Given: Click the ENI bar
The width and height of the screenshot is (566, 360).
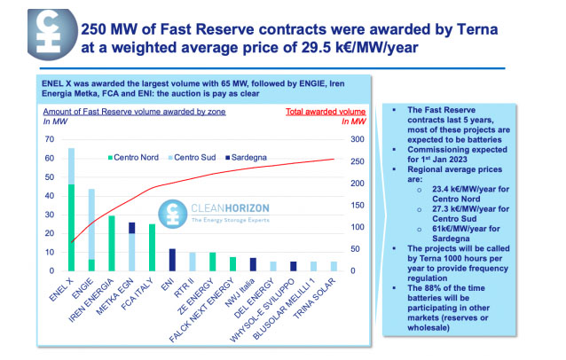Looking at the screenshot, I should point(172,259).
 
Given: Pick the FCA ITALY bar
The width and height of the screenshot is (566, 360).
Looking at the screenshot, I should point(152,247).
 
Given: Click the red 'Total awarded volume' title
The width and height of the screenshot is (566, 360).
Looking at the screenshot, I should point(326,112).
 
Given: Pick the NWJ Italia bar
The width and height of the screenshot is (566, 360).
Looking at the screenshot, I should point(252,263).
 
